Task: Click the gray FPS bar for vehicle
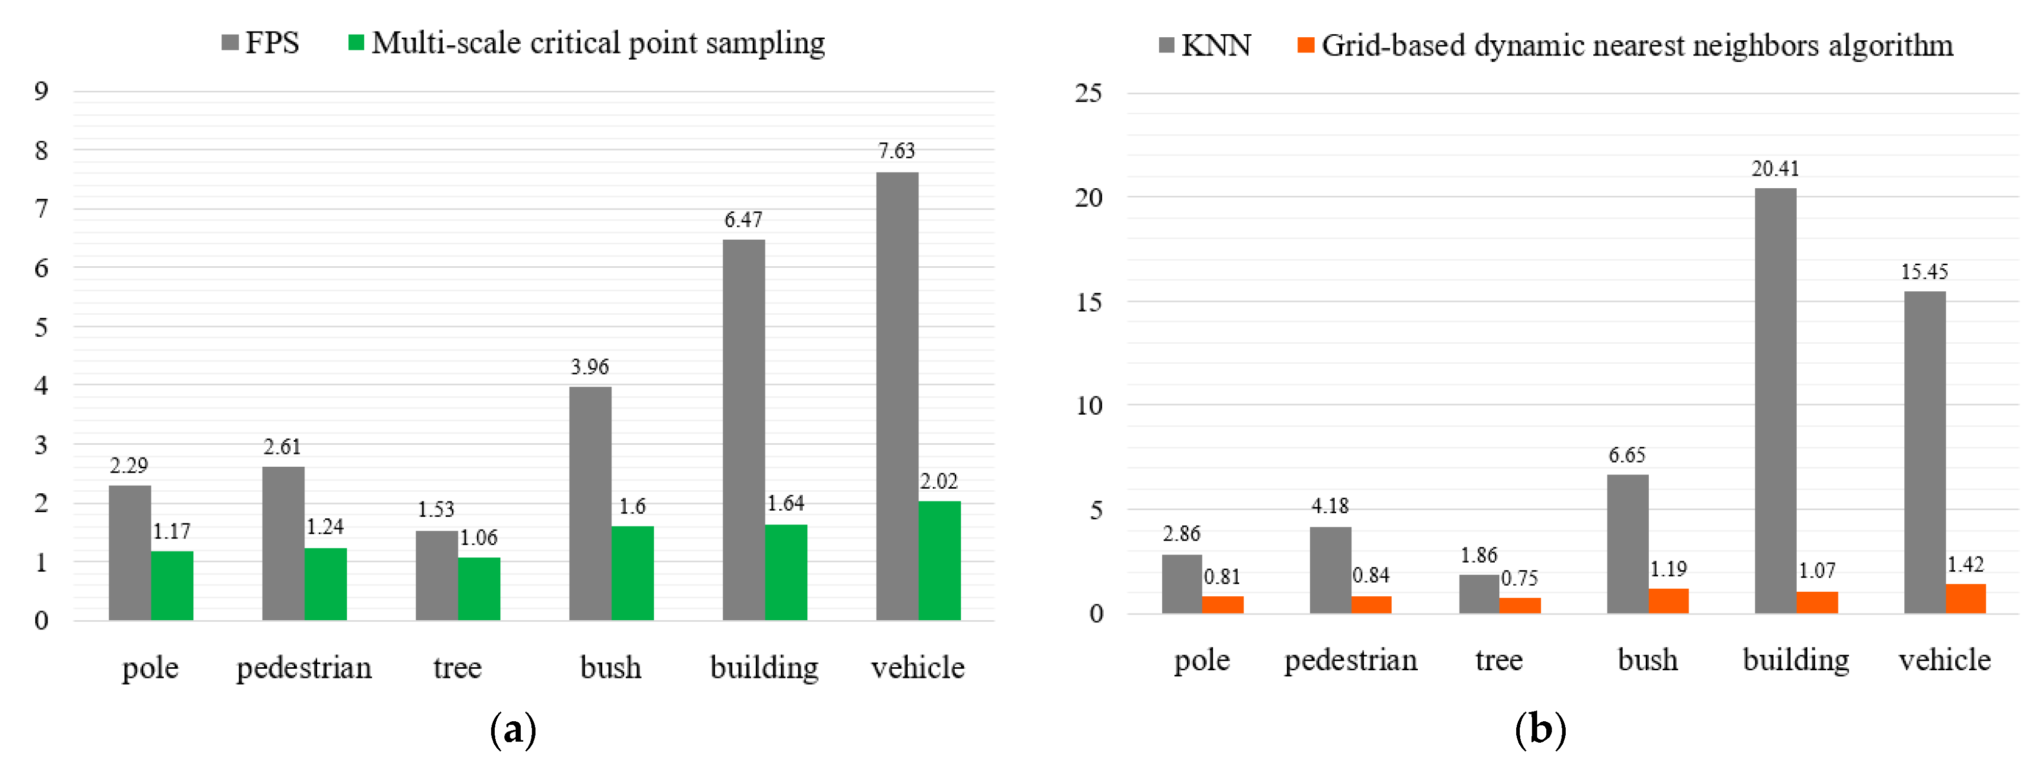897,396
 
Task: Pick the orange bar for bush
1669,600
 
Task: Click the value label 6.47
743,219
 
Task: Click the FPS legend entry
261,43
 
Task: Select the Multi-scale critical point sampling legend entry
586,43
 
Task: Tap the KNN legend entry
1204,45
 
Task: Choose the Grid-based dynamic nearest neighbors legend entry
1624,45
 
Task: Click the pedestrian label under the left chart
304,667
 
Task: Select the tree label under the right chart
1498,660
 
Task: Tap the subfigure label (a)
513,729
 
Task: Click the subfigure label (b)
1540,729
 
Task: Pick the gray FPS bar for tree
437,575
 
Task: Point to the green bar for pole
172,586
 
